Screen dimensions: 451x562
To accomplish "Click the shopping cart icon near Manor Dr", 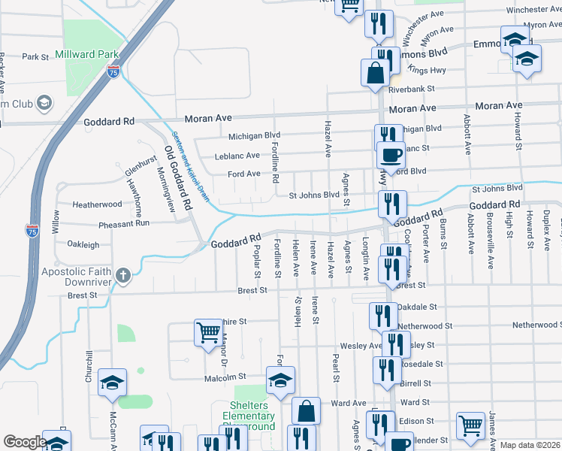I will click(x=207, y=331).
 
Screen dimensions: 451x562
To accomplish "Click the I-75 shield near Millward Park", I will click(x=113, y=72).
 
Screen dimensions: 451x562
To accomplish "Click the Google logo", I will click(x=26, y=441).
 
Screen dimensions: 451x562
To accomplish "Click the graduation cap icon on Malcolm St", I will click(x=280, y=380).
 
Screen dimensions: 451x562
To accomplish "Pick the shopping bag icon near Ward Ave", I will click(x=306, y=410).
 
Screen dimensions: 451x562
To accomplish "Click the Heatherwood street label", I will click(x=97, y=204).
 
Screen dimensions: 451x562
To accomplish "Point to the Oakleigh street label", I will click(x=83, y=244).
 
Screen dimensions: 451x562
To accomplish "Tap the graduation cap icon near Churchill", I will click(x=113, y=383).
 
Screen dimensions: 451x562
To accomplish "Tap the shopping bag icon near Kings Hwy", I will click(x=375, y=74).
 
